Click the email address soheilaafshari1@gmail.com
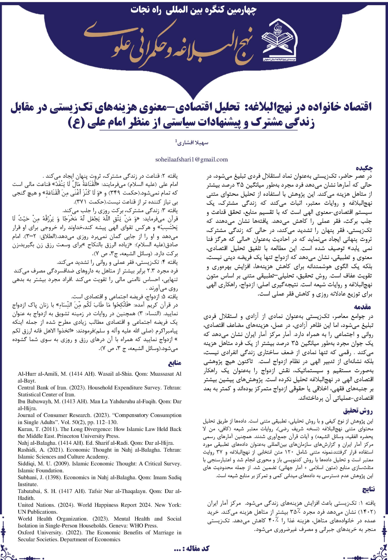click(x=191, y=159)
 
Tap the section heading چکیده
click(x=364, y=168)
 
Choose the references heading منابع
click(x=175, y=363)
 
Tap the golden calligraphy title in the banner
click(x=170, y=45)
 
